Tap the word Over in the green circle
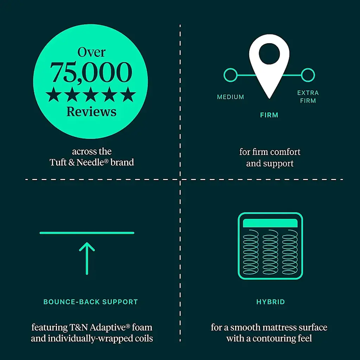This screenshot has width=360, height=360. (x=91, y=52)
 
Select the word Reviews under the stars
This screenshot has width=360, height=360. (x=91, y=111)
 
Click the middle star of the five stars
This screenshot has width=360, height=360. (x=91, y=95)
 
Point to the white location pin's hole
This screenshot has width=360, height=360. (x=269, y=54)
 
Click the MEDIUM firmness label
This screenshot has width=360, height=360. (x=231, y=97)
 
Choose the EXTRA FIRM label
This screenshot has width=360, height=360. (x=308, y=97)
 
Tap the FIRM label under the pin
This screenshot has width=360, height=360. (x=269, y=115)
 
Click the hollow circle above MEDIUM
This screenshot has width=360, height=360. (x=230, y=75)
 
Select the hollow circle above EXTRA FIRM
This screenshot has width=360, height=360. (x=308, y=75)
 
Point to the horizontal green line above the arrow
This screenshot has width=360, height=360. (x=87, y=233)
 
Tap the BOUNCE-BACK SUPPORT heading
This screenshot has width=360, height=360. (x=91, y=302)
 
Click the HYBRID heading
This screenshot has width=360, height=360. (x=270, y=302)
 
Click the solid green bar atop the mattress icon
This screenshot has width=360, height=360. (x=270, y=223)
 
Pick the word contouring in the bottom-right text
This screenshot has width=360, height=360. (x=269, y=339)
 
